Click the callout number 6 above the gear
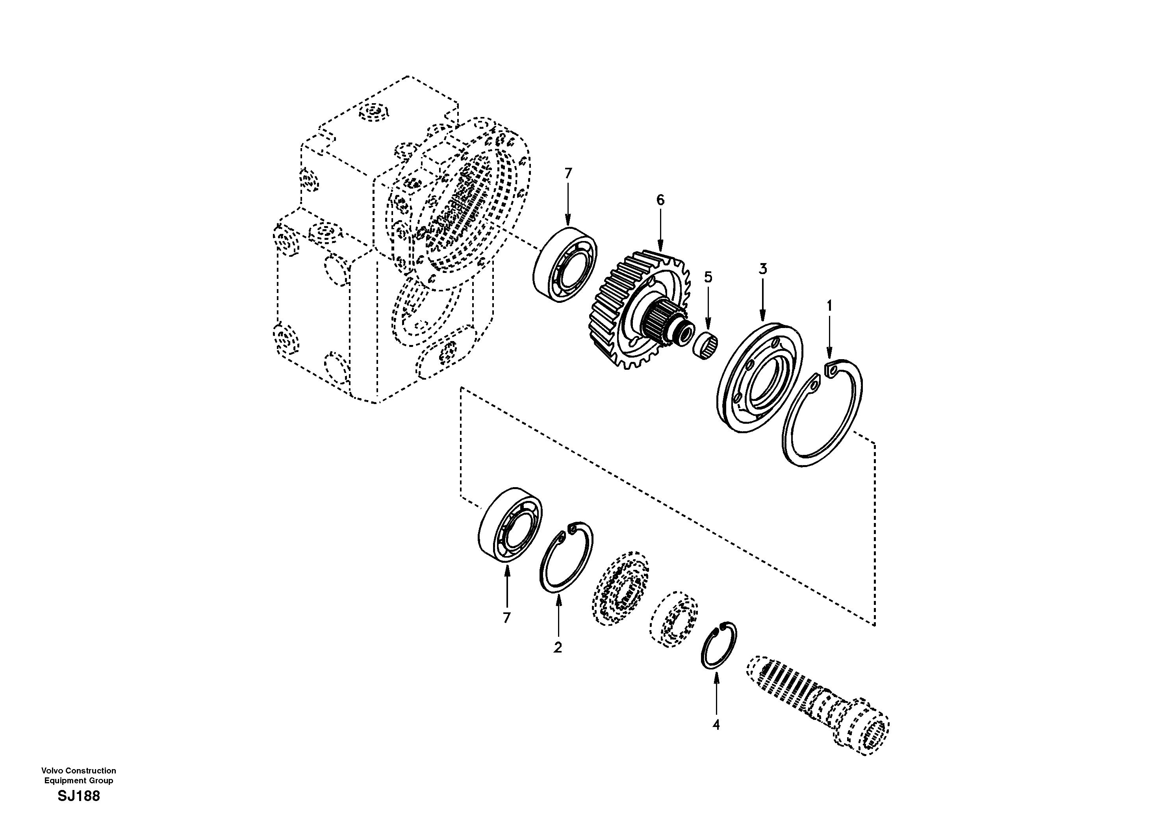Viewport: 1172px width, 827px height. coord(660,200)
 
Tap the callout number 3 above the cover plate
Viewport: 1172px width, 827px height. coord(762,269)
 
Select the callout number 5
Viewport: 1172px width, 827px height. coord(708,277)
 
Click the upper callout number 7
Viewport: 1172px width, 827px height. coord(568,174)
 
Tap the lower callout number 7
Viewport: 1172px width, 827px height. coord(506,618)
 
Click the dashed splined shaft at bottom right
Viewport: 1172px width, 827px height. coord(817,705)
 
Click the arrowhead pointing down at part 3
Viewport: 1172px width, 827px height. coord(762,317)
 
